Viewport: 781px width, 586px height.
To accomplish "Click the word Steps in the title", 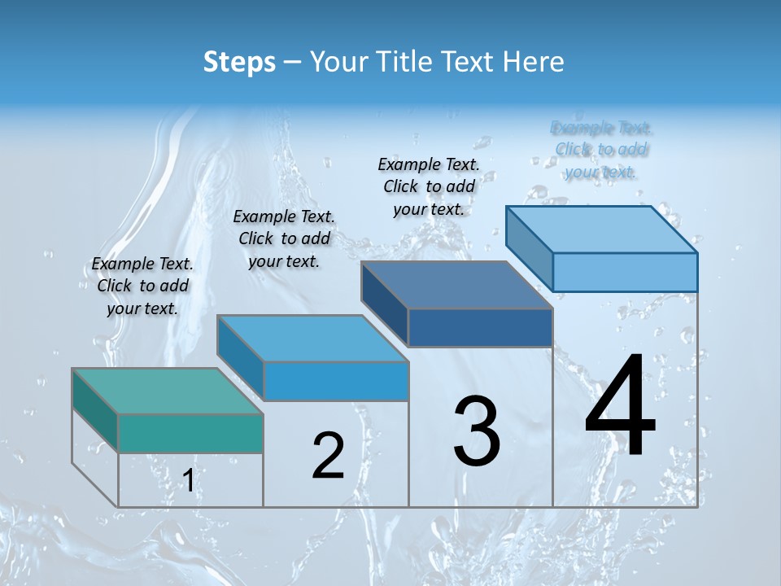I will pos(239,62).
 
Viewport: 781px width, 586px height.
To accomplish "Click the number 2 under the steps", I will pos(328,455).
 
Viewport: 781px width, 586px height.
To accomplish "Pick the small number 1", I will pos(189,480).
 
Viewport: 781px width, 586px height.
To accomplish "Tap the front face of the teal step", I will pos(190,433).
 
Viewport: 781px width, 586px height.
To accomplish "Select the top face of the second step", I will pos(312,338).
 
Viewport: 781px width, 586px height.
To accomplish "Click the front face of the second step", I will pos(336,381).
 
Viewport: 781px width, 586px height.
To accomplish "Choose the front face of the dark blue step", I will pos(480,327).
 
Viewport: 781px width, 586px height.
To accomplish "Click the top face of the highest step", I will pos(602,229).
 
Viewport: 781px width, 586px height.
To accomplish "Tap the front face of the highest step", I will pos(625,272).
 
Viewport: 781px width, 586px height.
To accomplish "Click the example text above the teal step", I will pos(142,286).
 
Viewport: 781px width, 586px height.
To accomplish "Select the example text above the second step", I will pos(284,238).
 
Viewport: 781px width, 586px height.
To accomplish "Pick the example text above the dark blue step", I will pos(429,186).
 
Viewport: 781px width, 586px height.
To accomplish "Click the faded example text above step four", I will pos(601,150).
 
